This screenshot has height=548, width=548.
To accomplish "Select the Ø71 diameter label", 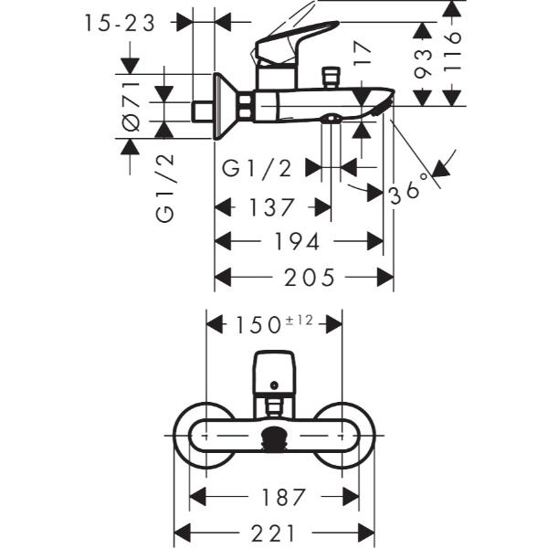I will [x=131, y=108].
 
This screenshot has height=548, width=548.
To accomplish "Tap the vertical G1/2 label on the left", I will [x=165, y=188].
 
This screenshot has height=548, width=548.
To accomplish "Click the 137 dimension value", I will [x=272, y=207].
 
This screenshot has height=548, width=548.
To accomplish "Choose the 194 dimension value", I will [x=298, y=242].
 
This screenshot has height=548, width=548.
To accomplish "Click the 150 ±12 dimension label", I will [x=274, y=323].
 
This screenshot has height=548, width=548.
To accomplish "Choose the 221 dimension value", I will [x=273, y=532].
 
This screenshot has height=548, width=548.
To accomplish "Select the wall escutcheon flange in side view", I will [x=219, y=106].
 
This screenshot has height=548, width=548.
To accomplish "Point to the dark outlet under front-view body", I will [x=273, y=439].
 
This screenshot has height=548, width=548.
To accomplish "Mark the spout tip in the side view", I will [x=382, y=102].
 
